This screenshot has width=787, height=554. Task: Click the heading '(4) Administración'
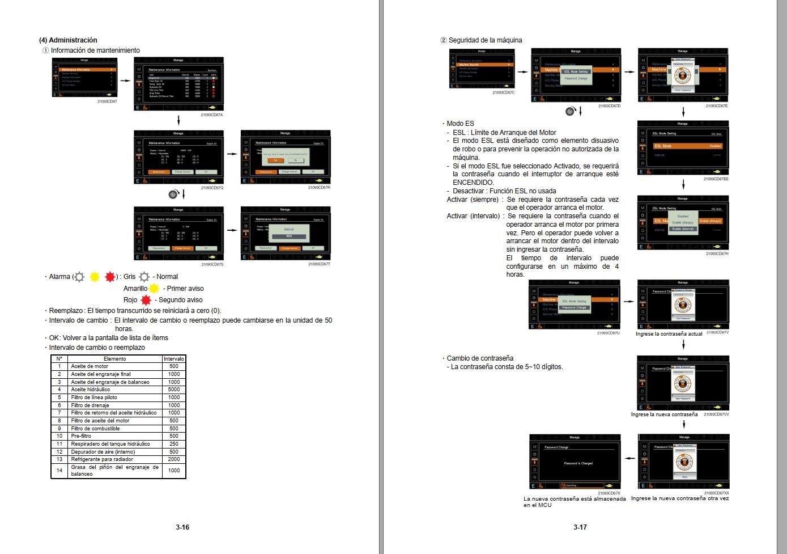point(68,40)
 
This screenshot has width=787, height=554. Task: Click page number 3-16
point(182,527)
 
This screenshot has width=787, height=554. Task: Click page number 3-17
point(580,527)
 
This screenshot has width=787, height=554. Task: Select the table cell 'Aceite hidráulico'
point(91,390)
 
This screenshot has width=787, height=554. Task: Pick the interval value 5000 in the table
point(174,390)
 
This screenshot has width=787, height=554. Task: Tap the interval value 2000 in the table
point(174,459)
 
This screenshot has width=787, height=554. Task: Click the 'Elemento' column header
point(115,358)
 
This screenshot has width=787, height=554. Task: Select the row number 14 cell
point(59,470)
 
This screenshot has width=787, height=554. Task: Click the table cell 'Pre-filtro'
point(81,436)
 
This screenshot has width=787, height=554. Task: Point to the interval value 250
point(174,444)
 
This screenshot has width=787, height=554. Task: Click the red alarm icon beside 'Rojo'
point(146,300)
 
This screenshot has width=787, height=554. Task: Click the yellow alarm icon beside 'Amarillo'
point(154,289)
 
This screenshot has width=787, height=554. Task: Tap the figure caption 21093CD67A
point(212,115)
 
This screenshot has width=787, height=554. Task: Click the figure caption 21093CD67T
point(320,264)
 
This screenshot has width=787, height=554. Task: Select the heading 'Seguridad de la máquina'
point(485,40)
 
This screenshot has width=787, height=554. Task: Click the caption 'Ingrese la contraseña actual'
point(669,334)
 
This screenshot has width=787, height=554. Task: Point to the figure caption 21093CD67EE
point(716,179)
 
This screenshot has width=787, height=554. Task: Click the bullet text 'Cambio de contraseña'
point(480,358)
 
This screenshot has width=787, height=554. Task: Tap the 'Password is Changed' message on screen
point(578,463)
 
